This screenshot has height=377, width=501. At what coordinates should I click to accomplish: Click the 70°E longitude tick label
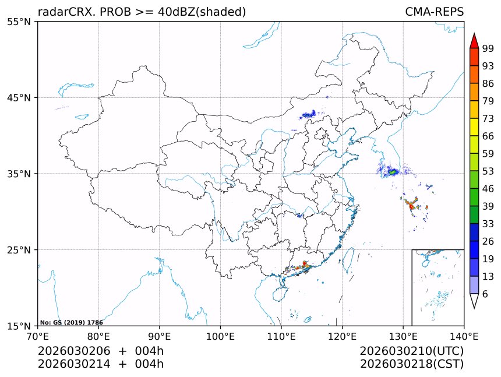[x=38, y=336]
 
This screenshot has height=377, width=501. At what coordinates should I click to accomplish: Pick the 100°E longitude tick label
[x=220, y=336]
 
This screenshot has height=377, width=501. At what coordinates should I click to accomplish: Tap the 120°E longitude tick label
[x=342, y=336]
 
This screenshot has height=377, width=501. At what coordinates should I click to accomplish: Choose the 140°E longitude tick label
[x=464, y=336]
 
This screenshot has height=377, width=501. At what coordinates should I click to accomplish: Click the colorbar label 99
[x=488, y=48]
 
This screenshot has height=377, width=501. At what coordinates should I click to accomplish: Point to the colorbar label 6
[x=485, y=294]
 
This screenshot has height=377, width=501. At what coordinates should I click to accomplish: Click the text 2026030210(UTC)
[x=411, y=351]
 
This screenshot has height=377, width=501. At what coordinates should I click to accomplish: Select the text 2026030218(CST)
[x=411, y=364]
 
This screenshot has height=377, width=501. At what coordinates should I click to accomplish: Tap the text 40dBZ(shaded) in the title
[x=202, y=12]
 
